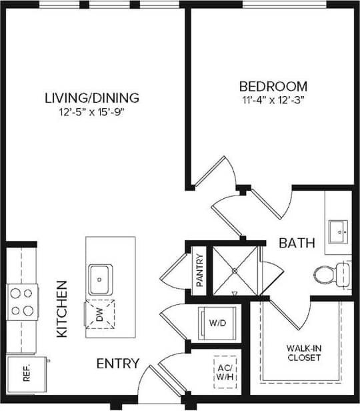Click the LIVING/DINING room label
coord(92,98)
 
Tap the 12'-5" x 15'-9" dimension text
coord(92,112)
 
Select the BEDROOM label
coord(273,86)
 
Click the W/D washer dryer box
coord(215,323)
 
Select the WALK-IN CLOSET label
coord(303,353)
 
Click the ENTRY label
coord(118,364)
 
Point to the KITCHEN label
coord(62,308)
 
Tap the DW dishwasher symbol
coord(99,315)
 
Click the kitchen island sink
coord(101,275)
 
